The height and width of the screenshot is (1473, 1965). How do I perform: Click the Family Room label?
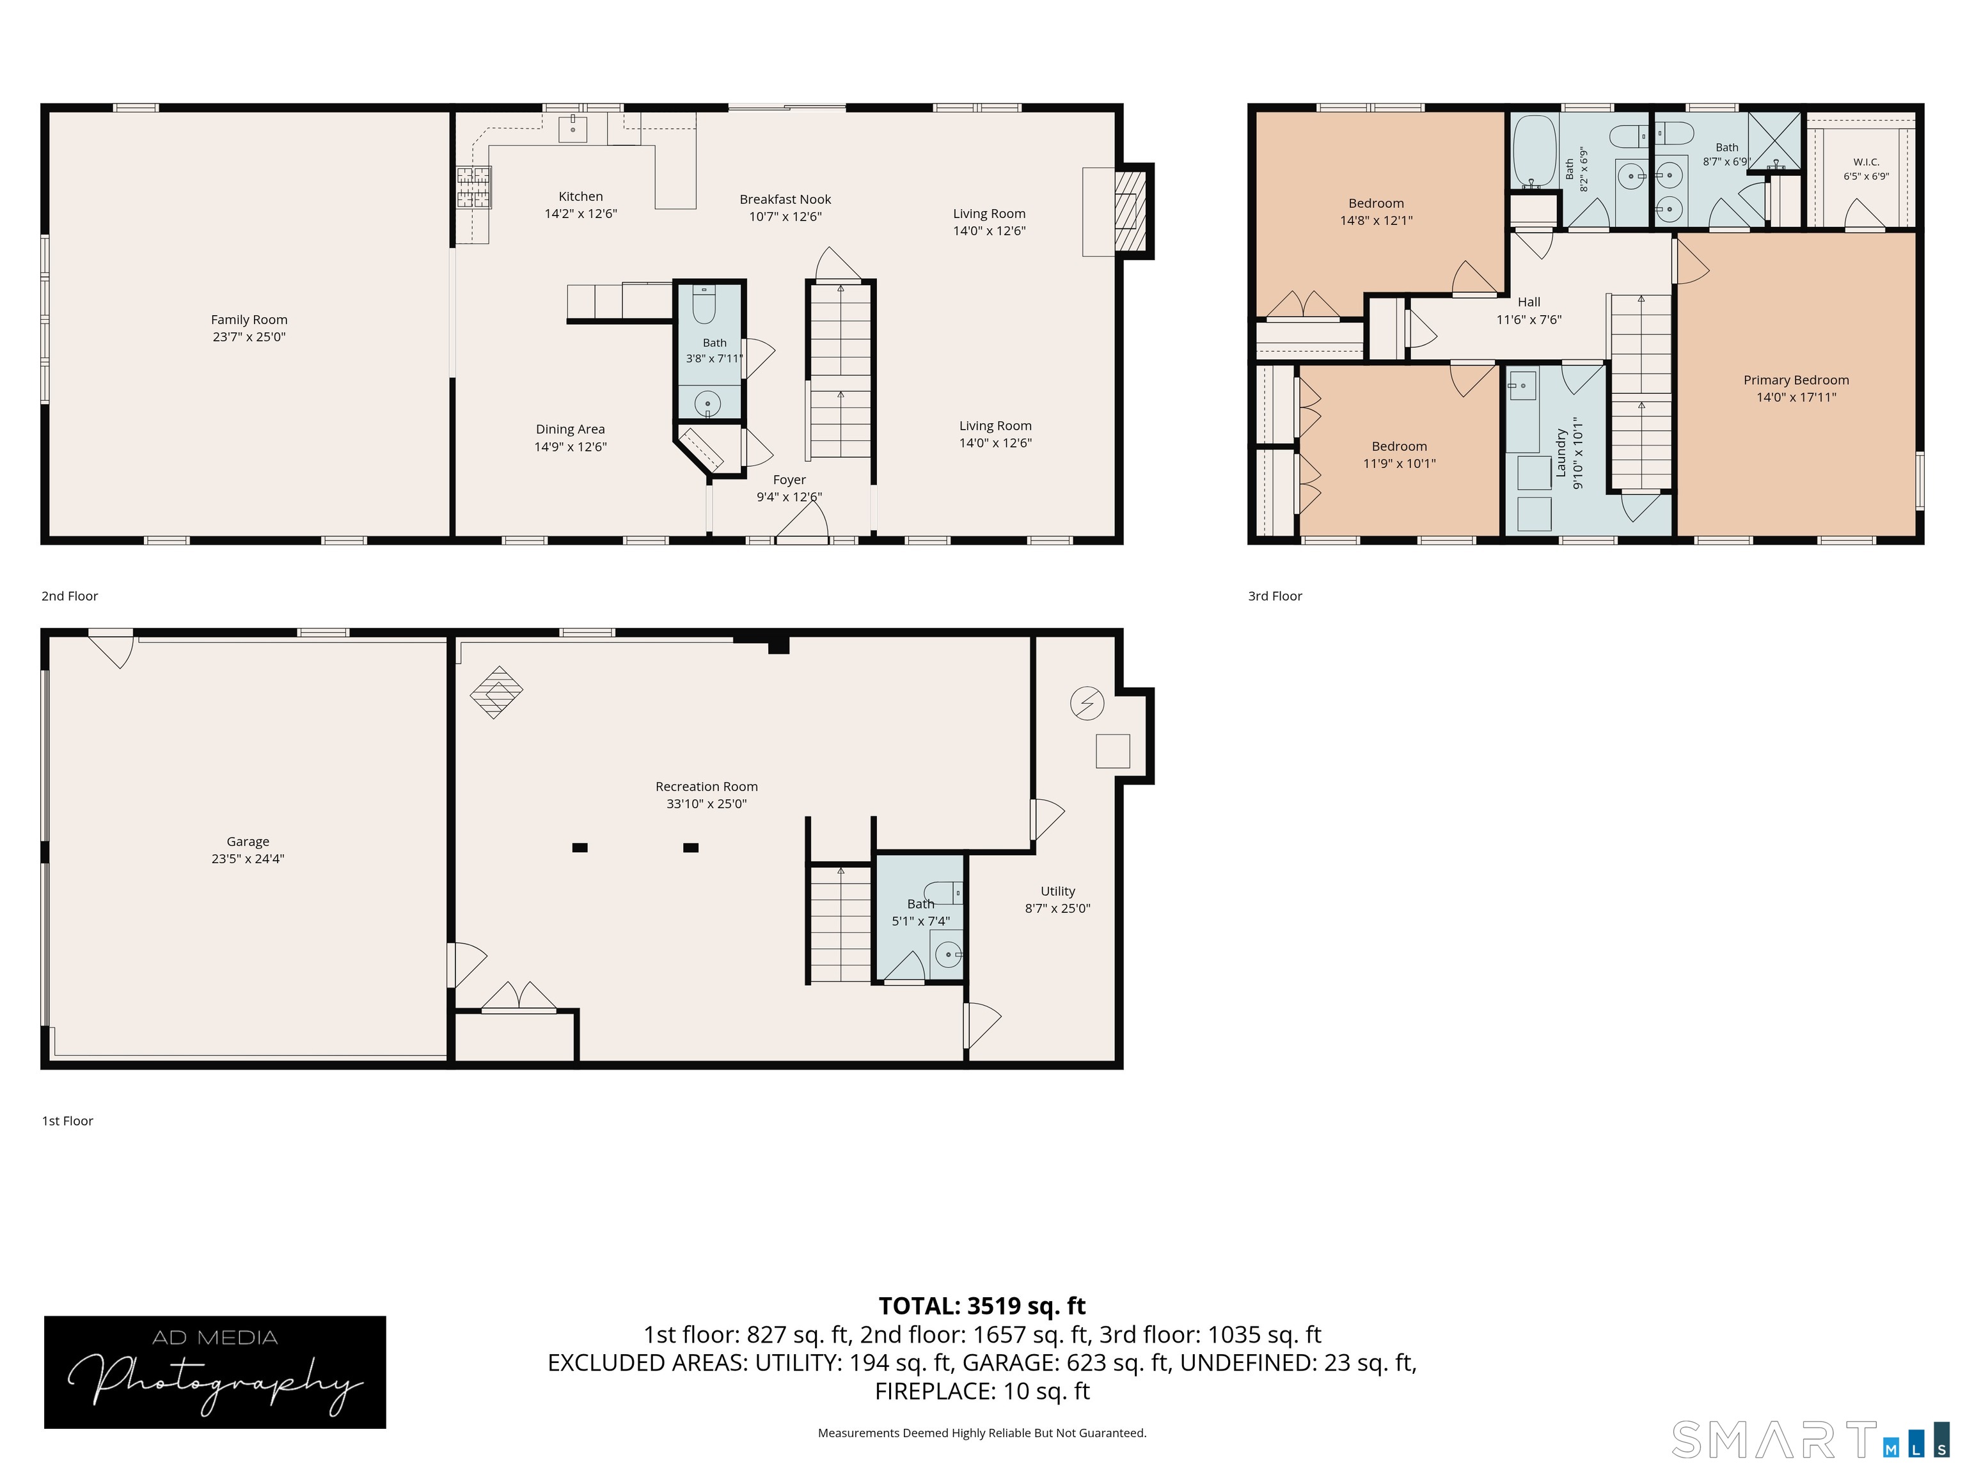[249, 320]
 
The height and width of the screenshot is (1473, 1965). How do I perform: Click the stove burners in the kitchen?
[473, 187]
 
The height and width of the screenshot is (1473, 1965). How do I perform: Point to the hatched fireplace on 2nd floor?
[1126, 212]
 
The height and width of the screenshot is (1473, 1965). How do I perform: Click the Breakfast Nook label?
[785, 199]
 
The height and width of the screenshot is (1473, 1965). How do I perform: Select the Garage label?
[248, 842]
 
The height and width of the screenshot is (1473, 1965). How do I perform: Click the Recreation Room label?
[706, 786]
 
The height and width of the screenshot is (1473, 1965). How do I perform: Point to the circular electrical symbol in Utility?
[1086, 703]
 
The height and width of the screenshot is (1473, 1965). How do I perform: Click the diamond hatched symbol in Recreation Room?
[496, 692]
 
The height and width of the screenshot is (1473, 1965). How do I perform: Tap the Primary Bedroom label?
[1795, 380]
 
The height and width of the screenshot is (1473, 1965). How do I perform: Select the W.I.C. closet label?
[1865, 162]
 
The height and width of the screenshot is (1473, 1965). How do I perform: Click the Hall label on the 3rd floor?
[1529, 302]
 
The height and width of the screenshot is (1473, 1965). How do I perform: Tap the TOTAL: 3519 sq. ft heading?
[982, 1306]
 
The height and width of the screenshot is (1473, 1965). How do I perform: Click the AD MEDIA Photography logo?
[215, 1372]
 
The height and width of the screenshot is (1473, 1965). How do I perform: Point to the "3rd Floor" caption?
[1275, 596]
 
